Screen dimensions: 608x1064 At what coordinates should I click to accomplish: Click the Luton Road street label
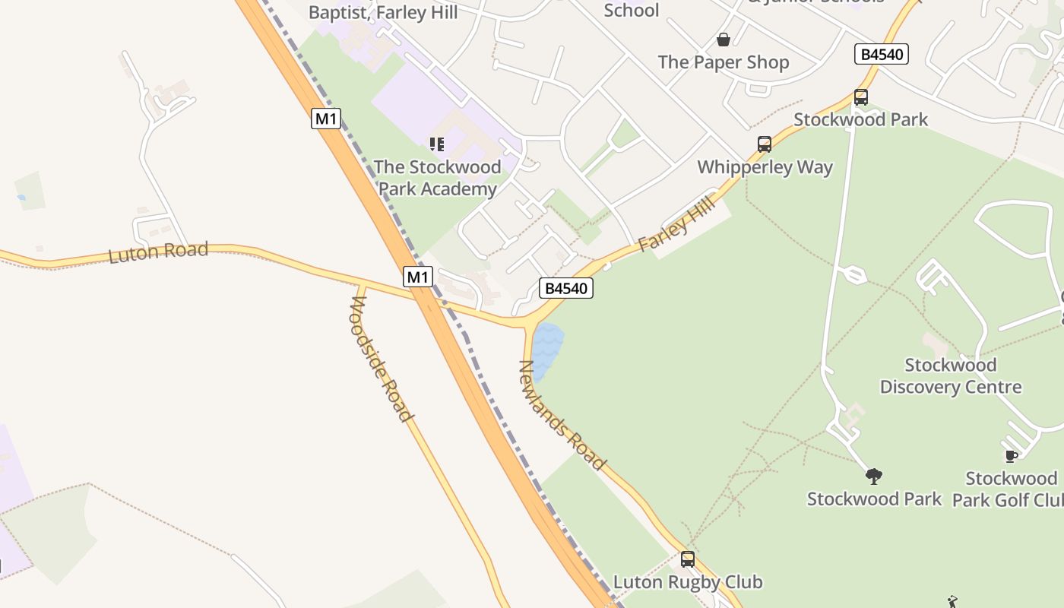[158, 252]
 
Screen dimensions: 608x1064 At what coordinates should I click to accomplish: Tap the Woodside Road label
[381, 359]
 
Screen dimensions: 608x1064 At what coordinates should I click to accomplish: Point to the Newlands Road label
[562, 415]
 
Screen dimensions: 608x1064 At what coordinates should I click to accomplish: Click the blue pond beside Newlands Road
[546, 350]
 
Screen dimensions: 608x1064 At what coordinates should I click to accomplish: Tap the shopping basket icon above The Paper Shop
[724, 40]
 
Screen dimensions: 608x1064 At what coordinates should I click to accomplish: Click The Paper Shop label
[724, 62]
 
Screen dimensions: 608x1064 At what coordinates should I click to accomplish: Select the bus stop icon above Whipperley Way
[765, 144]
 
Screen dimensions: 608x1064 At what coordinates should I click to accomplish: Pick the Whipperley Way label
[765, 167]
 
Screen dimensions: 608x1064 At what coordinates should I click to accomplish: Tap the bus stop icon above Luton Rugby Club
[688, 559]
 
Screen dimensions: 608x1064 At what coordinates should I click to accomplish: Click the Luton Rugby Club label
[688, 582]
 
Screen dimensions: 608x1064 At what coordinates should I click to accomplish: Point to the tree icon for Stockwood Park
[874, 477]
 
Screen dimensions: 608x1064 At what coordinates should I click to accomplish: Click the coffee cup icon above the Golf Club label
[1012, 456]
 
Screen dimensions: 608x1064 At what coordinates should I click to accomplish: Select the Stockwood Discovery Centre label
[951, 376]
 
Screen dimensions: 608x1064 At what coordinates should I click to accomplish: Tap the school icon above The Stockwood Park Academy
[437, 144]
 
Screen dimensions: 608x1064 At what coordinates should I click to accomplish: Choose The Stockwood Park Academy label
[437, 178]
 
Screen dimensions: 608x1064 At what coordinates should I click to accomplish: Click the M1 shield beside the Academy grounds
[326, 119]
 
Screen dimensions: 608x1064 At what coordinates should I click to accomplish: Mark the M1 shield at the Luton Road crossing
[418, 277]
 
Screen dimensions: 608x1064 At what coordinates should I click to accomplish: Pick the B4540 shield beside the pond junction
[565, 288]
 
